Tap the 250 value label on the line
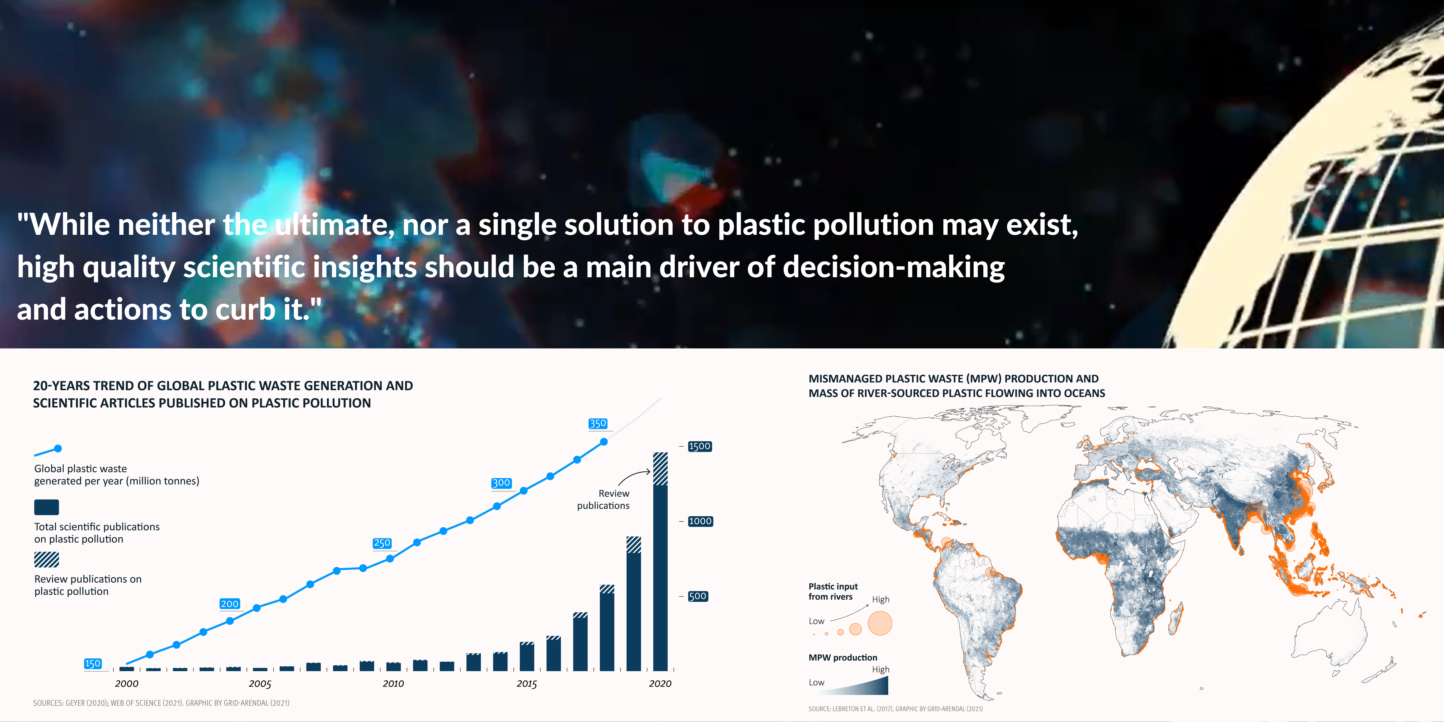pos(382,543)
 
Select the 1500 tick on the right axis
pos(700,446)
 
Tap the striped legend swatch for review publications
pos(47,559)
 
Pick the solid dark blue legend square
pos(47,507)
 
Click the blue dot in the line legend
pos(58,449)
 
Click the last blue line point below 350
pos(604,442)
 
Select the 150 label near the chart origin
pos(93,664)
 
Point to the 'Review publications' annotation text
pos(603,499)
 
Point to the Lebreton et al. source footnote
pos(895,709)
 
